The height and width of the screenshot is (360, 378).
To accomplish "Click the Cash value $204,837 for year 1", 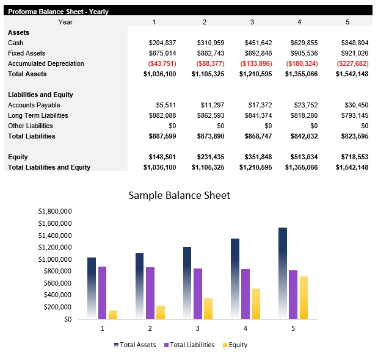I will tap(162, 43).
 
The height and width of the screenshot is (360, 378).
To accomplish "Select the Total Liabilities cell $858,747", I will tap(256, 136).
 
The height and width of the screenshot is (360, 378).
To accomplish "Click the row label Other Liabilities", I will tap(31, 126).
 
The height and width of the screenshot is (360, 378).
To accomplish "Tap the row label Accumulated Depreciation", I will tap(46, 63).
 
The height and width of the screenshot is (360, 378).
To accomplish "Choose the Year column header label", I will tap(65, 22).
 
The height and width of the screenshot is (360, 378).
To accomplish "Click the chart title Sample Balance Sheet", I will tap(179, 195).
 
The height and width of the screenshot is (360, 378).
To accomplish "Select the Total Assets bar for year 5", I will tap(283, 273).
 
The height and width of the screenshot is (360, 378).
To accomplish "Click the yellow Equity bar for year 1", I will tap(113, 315).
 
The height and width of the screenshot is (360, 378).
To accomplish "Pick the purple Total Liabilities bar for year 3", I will tap(198, 293).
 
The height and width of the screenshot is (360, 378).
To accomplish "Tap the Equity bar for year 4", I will tap(256, 304).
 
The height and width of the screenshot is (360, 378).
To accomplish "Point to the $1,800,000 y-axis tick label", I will tap(55, 211).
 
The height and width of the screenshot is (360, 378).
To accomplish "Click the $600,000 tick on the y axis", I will tap(59, 283).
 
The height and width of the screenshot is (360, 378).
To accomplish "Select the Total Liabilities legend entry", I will tap(189, 345).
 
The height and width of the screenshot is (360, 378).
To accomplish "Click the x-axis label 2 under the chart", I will tap(150, 328).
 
